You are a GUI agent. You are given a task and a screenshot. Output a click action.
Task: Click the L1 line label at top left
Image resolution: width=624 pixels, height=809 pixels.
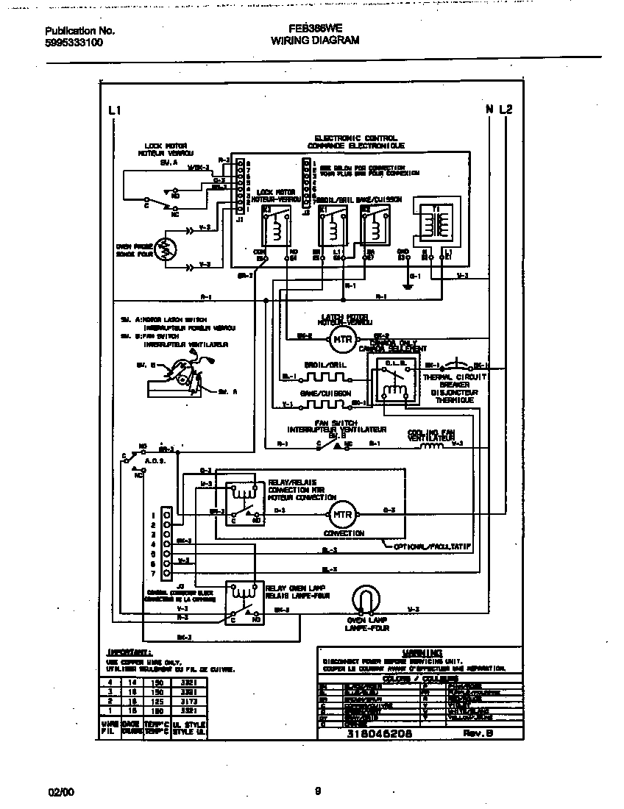[x=113, y=110]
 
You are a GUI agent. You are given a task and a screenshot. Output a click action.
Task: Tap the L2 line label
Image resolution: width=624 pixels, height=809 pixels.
[x=506, y=110]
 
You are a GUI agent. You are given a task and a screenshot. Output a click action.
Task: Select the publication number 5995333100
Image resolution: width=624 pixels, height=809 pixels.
[x=74, y=43]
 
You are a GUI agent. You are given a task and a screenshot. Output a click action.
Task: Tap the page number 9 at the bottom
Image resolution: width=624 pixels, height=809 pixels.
[x=317, y=791]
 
